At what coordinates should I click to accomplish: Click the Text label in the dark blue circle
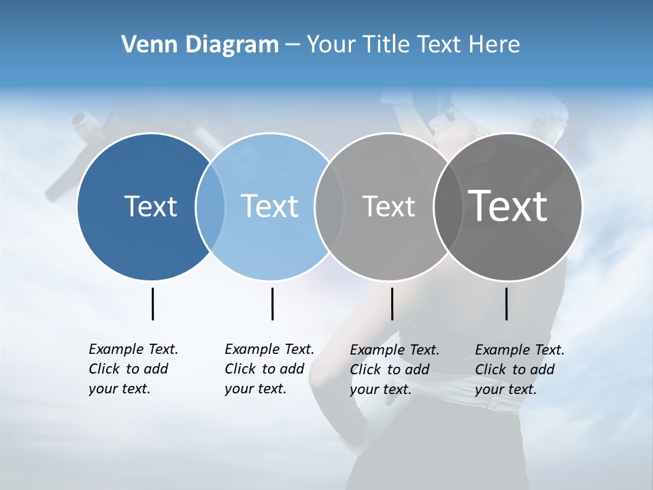(150, 206)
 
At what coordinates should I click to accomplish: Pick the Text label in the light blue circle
(269, 206)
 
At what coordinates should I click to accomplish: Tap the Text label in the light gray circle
(388, 206)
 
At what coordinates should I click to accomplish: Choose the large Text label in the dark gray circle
(507, 206)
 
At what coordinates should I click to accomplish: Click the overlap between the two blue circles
(210, 206)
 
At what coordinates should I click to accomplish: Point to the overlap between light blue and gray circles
(329, 206)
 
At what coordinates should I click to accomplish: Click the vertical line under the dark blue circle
(153, 304)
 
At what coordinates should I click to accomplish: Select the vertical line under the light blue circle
(272, 304)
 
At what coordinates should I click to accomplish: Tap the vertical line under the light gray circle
(392, 304)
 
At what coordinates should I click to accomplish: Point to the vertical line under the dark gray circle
(506, 304)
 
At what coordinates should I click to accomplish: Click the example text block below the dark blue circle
(133, 369)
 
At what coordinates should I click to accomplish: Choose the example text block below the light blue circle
(269, 369)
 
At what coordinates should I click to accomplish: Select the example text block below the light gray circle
(395, 370)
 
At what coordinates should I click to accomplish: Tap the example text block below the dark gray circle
(520, 370)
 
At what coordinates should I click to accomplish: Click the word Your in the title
(331, 44)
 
